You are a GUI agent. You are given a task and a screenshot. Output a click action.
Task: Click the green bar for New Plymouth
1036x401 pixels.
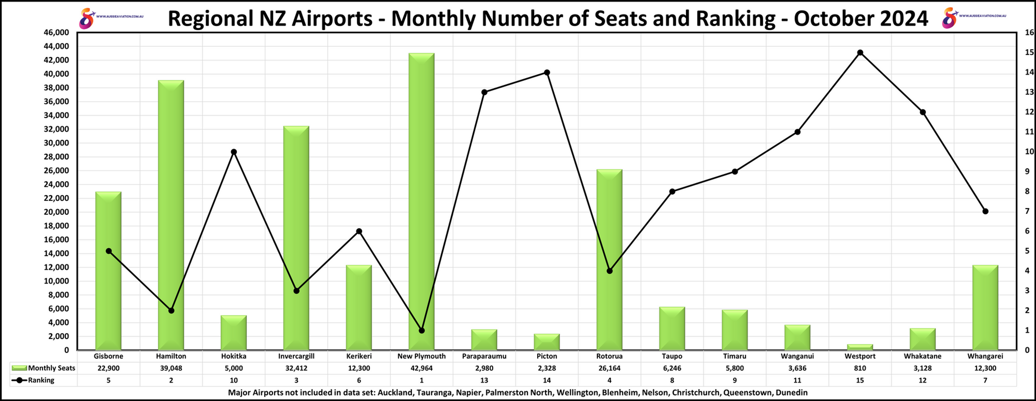[421, 201]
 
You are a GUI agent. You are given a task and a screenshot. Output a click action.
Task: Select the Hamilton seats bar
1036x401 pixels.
[171, 215]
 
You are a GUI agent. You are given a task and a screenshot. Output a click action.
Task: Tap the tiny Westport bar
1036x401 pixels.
[860, 347]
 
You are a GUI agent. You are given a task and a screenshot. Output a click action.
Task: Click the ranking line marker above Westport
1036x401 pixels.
[860, 53]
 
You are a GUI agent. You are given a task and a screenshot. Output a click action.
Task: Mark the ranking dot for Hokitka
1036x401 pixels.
[234, 152]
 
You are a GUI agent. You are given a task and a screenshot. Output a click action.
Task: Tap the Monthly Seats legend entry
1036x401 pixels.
[44, 368]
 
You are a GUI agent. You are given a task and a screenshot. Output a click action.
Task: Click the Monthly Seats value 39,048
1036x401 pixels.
[171, 368]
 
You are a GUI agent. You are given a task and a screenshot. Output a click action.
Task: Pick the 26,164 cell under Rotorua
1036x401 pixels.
[609, 368]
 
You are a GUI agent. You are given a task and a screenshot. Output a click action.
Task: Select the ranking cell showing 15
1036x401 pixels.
[860, 380]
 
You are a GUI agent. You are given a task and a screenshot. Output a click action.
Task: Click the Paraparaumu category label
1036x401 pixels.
[484, 356]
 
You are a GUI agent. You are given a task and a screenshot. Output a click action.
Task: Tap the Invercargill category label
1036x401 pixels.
[296, 356]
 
